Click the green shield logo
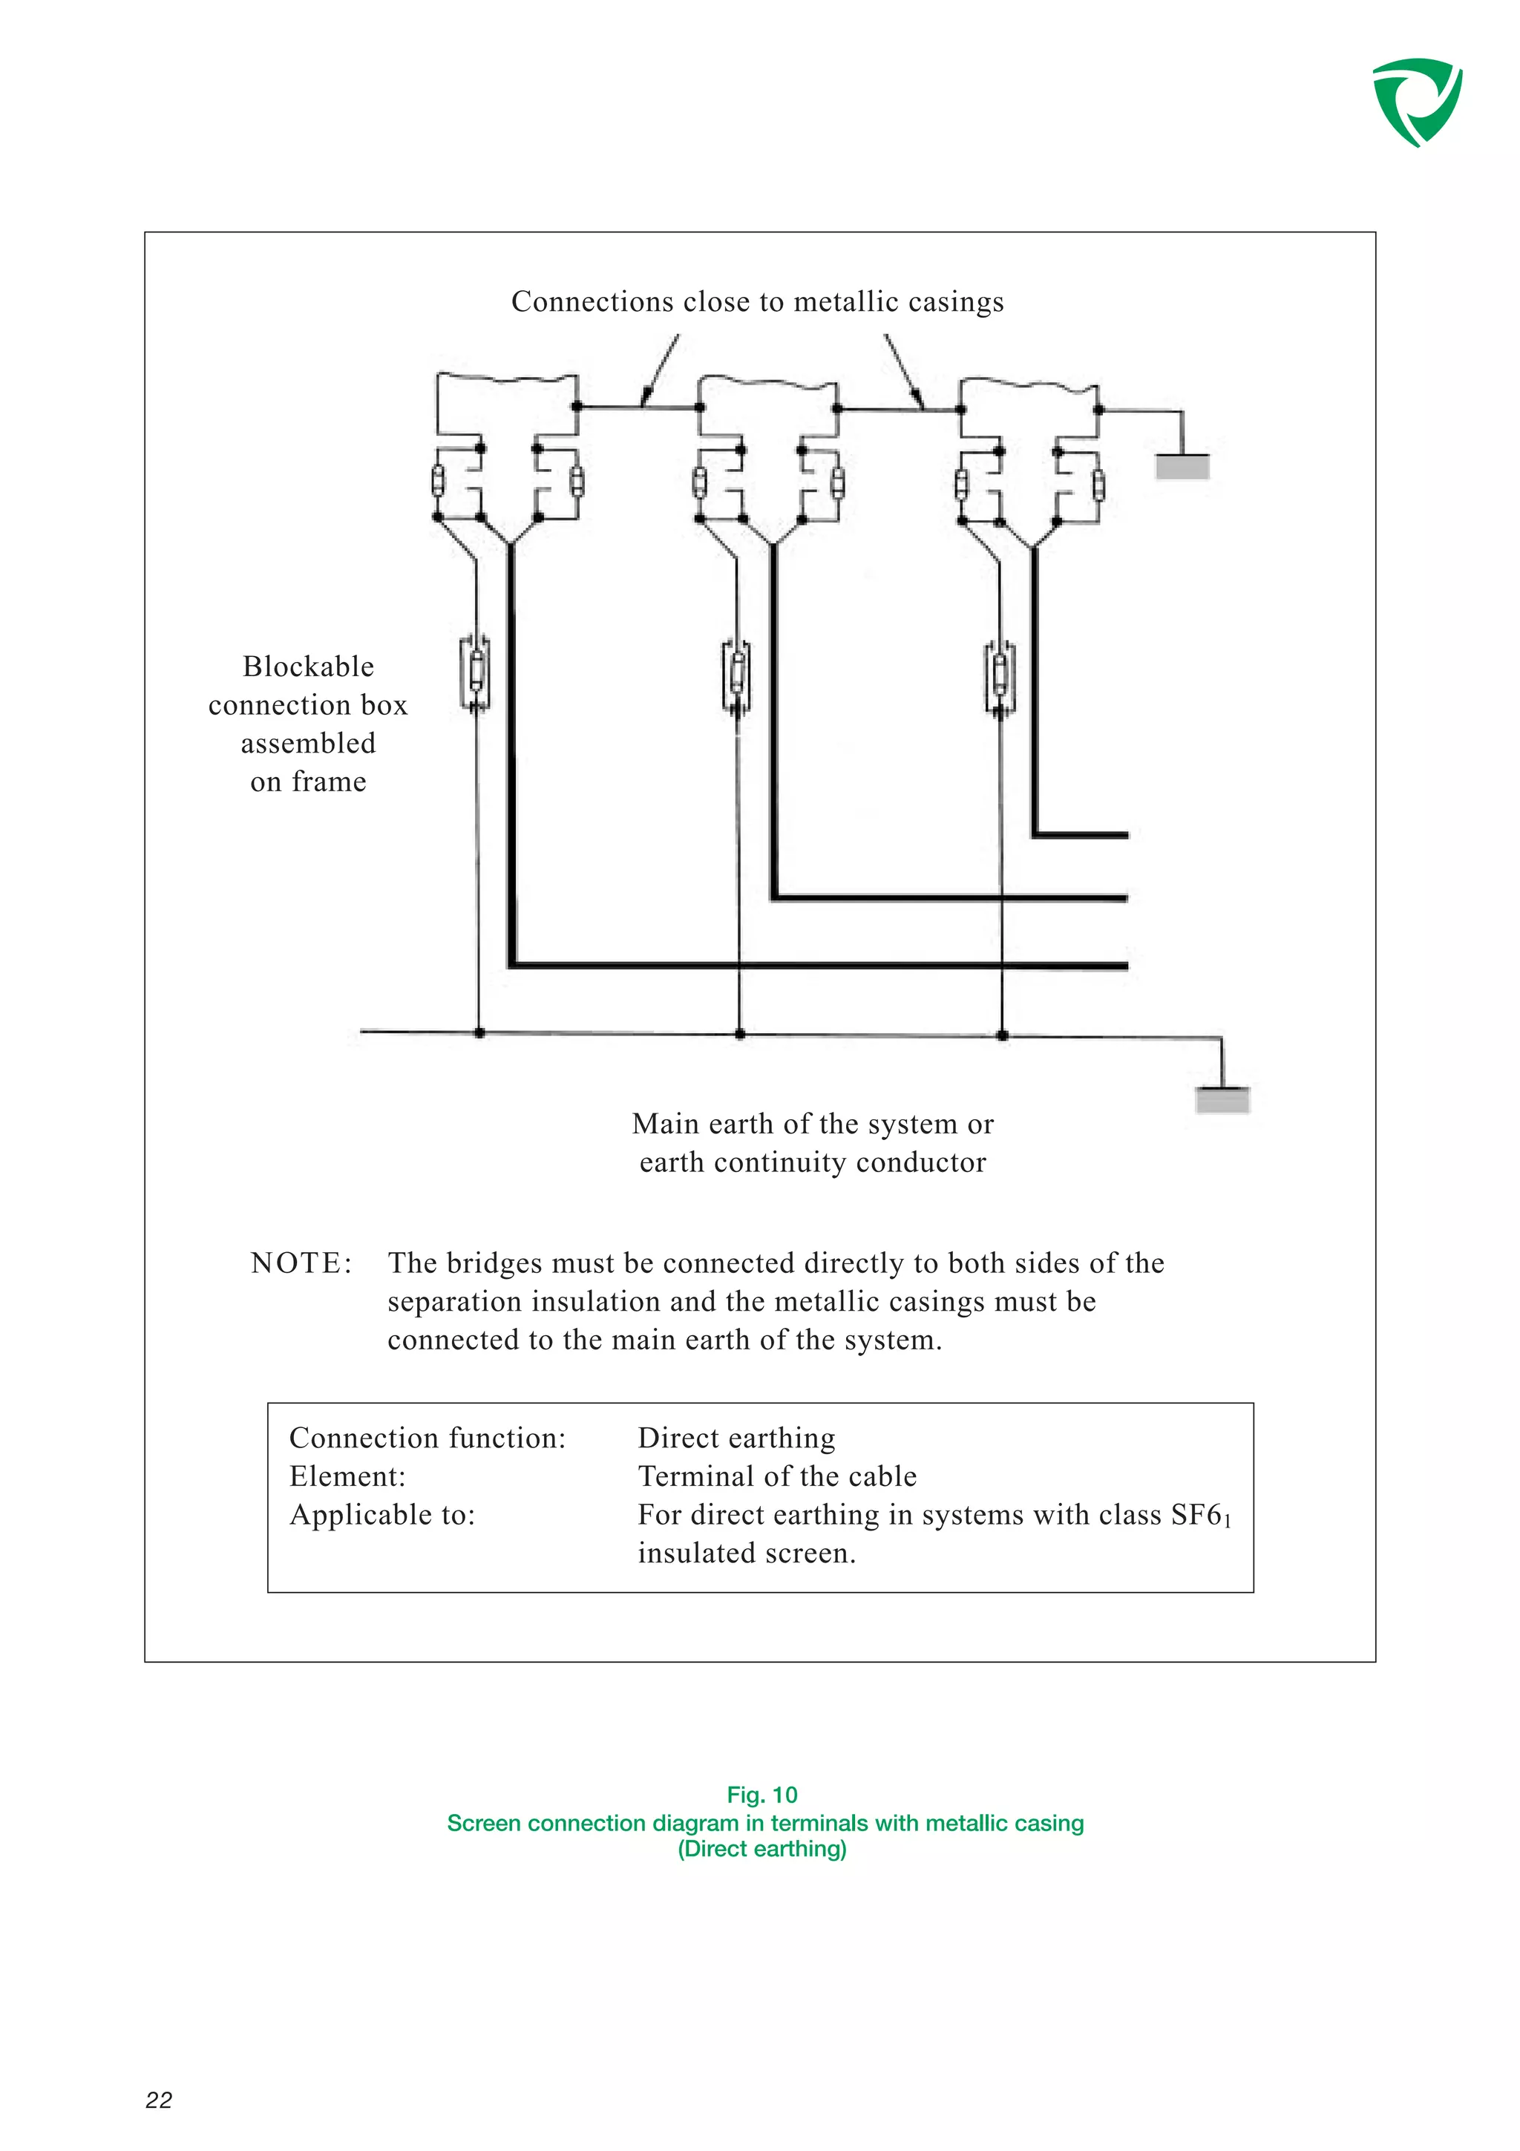click(x=1416, y=101)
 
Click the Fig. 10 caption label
click(x=761, y=1794)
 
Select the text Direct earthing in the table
click(x=736, y=1437)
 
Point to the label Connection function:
click(x=427, y=1437)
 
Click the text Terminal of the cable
click(x=776, y=1476)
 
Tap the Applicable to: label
click(x=382, y=1514)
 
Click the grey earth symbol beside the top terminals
click(x=1182, y=467)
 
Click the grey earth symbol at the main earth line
click(x=1222, y=1100)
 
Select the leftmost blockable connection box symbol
click(x=476, y=672)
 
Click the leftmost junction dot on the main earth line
click(x=479, y=1032)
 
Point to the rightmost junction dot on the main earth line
click(x=1002, y=1035)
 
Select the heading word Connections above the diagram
click(x=592, y=301)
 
